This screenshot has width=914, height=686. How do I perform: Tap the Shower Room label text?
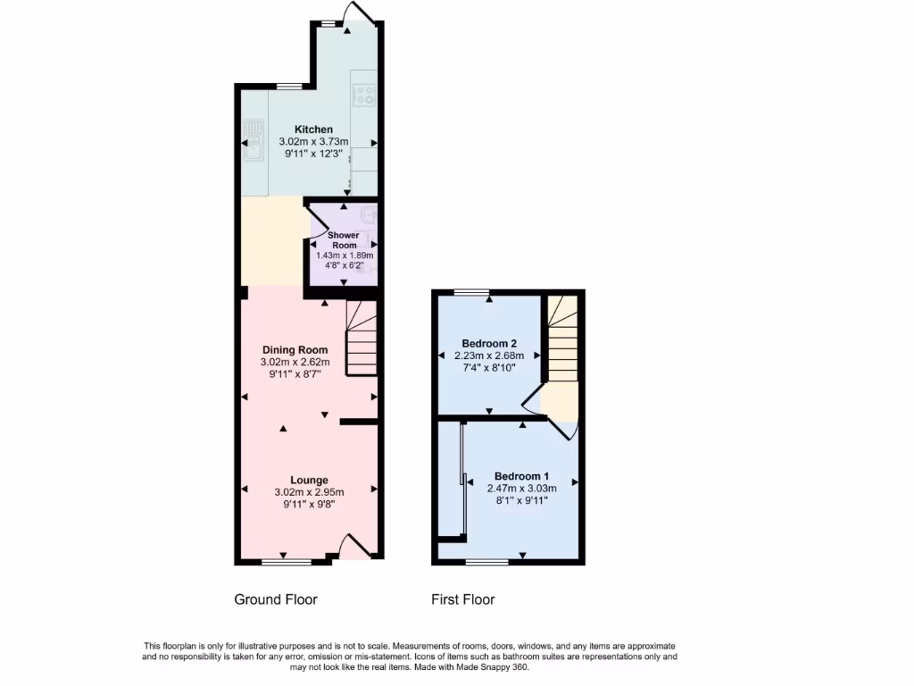[x=345, y=239]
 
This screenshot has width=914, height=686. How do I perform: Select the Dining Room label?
[x=295, y=349]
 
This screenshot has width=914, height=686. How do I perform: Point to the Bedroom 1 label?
[x=522, y=476]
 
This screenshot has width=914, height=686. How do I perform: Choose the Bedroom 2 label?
[x=489, y=343]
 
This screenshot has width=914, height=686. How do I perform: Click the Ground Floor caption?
[x=276, y=599]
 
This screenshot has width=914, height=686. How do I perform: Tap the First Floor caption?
[x=463, y=599]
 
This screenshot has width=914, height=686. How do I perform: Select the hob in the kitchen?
[x=364, y=95]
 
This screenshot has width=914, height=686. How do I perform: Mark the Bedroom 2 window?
[x=471, y=292]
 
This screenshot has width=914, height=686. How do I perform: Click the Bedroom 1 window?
[x=486, y=562]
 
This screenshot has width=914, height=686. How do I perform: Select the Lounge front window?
[x=287, y=562]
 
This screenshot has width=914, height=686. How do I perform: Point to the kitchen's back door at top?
[x=360, y=12]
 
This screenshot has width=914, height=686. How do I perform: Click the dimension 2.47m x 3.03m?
[x=522, y=489]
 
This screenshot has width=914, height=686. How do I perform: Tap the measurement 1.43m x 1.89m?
[x=345, y=255]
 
